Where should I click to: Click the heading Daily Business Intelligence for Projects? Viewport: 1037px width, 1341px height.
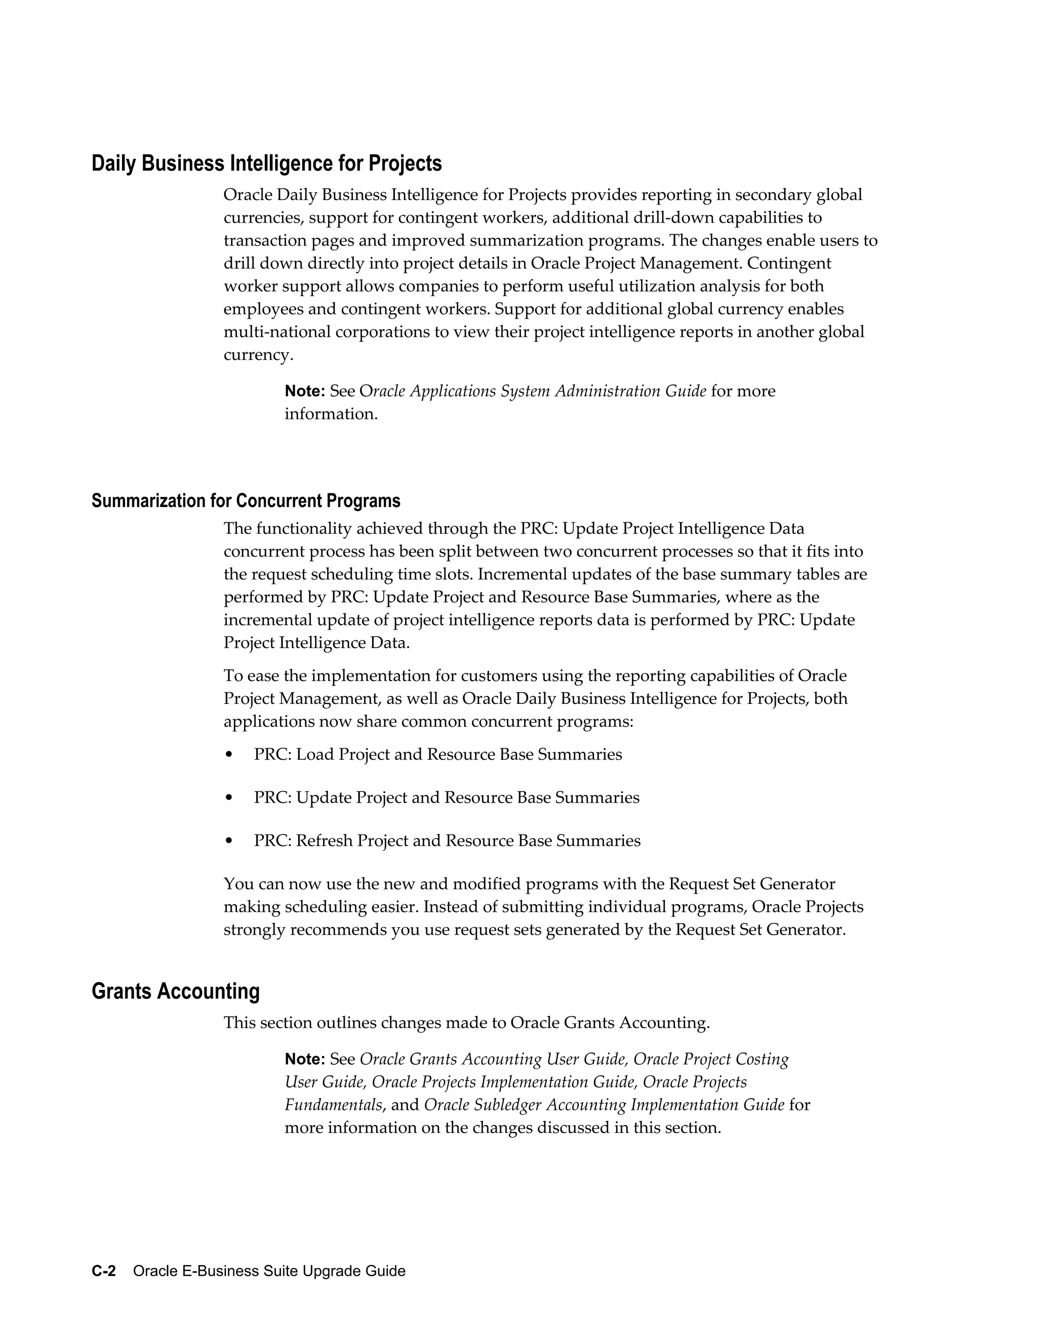pyautogui.click(x=267, y=164)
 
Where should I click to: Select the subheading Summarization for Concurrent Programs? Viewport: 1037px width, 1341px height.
pyautogui.click(x=246, y=501)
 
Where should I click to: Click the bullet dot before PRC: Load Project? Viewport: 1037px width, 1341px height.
pyautogui.click(x=229, y=755)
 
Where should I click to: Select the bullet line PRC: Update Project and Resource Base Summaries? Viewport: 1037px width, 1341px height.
pyautogui.click(x=447, y=798)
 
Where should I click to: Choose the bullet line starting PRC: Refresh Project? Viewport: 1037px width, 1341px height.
pyautogui.click(x=447, y=841)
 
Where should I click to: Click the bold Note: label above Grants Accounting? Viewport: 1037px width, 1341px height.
pyautogui.click(x=305, y=391)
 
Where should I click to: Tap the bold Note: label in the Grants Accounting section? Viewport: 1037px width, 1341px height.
pyautogui.click(x=305, y=1059)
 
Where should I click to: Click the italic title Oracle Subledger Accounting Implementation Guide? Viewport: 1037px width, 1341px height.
pyautogui.click(x=604, y=1105)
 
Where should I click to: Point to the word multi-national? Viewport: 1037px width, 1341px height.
pyautogui.click(x=277, y=332)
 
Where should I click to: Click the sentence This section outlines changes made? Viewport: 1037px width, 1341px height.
pyautogui.click(x=466, y=1023)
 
